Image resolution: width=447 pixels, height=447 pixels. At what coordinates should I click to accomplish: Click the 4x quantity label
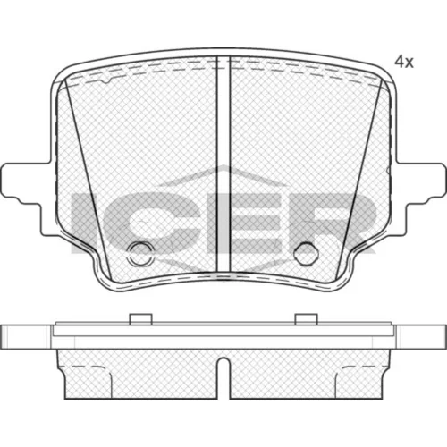[x=404, y=62]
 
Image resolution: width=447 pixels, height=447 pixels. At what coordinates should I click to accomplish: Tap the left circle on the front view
[x=139, y=254]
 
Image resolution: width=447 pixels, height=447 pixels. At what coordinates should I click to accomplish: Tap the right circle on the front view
[x=306, y=254]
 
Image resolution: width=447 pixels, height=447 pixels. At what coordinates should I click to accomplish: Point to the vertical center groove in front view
[x=223, y=164]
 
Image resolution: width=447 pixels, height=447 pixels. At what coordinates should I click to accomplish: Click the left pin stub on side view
[x=141, y=319]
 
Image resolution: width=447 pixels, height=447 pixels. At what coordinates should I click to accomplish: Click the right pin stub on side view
[x=307, y=319]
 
